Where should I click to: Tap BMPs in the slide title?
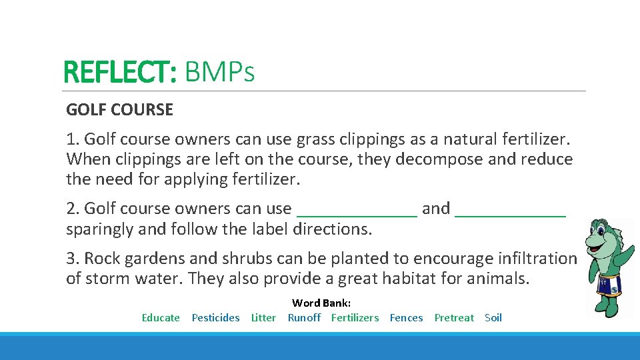(x=219, y=73)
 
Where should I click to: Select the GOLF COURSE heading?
(x=119, y=110)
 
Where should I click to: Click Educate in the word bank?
(x=161, y=318)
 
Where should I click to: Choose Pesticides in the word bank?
(x=215, y=318)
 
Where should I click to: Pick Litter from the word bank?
(x=263, y=318)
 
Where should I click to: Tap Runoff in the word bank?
(x=304, y=318)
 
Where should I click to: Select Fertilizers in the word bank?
(x=355, y=318)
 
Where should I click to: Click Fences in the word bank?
(x=406, y=318)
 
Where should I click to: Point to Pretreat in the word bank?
(x=454, y=318)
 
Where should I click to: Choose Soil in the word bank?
(x=493, y=318)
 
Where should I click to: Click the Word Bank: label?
(x=321, y=303)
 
